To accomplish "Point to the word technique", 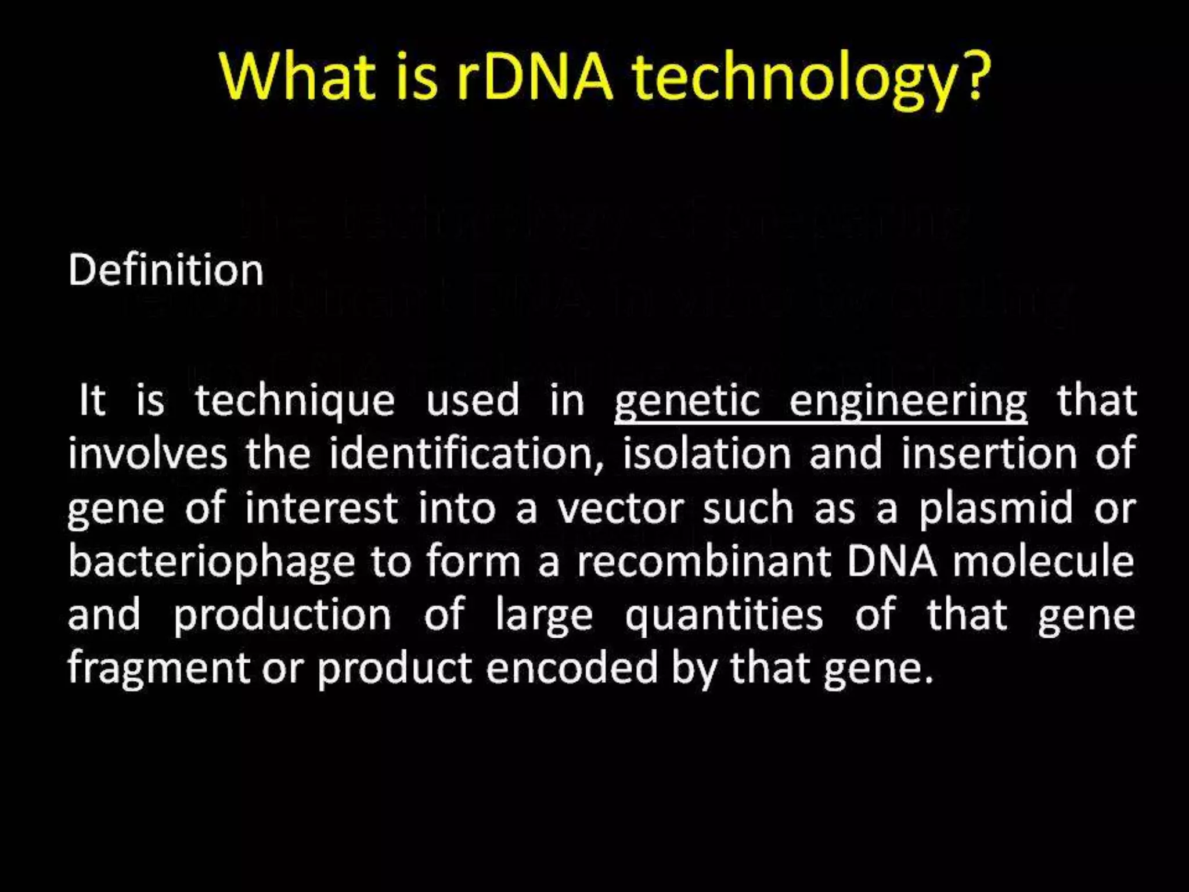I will (x=294, y=401).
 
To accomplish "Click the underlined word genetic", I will (x=687, y=401).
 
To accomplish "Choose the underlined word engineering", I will (x=908, y=401).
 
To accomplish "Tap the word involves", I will (x=147, y=454).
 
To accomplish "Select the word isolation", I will (x=707, y=454).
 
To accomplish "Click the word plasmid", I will (x=995, y=508).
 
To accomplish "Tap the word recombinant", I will (x=704, y=561).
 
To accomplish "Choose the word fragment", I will (x=158, y=668).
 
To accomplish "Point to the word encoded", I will (x=572, y=668).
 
